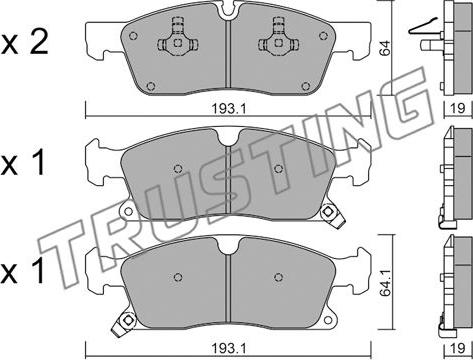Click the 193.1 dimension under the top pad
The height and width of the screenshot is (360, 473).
(229, 108)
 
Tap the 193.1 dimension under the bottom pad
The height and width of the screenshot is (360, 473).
(229, 349)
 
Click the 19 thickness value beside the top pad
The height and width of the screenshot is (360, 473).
(458, 108)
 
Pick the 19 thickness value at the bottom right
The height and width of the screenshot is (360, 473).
(458, 349)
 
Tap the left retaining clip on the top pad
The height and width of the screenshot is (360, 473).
(178, 39)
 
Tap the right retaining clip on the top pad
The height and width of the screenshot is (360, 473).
(278, 39)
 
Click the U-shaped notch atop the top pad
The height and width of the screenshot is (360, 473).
(227, 9)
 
